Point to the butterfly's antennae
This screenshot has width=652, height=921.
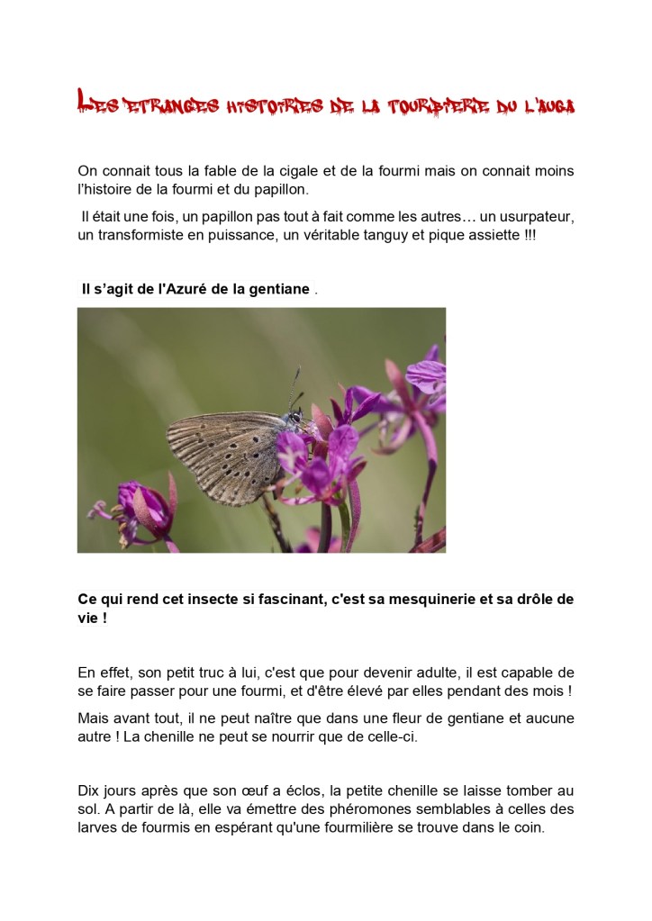[x=294, y=385]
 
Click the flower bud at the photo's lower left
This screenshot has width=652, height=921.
[x=144, y=509]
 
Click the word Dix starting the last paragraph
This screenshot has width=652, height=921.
[x=89, y=791]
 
